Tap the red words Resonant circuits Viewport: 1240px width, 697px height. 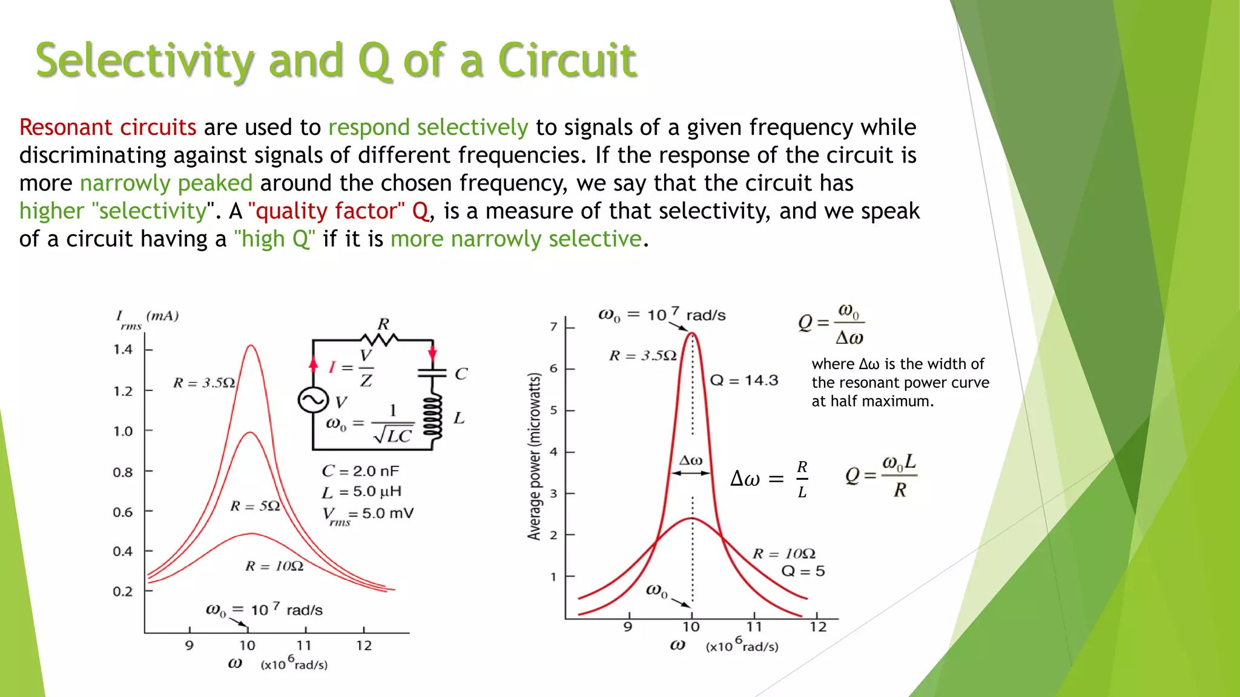click(x=108, y=128)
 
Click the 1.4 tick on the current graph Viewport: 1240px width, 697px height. click(x=123, y=350)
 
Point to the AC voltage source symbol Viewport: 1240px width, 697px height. click(x=312, y=400)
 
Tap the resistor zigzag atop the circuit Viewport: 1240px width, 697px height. click(x=379, y=339)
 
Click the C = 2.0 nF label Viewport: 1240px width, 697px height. click(x=360, y=471)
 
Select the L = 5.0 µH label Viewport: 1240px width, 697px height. click(x=361, y=492)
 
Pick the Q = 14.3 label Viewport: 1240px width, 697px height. click(x=744, y=380)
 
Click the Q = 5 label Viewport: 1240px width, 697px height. click(x=803, y=571)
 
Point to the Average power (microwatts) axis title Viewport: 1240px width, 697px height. click(x=533, y=456)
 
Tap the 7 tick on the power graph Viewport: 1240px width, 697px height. click(x=553, y=327)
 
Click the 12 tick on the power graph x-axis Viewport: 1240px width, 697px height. click(x=818, y=627)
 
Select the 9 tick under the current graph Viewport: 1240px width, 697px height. click(x=190, y=646)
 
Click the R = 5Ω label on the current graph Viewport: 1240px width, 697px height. click(x=255, y=506)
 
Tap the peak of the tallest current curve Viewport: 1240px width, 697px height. click(x=251, y=345)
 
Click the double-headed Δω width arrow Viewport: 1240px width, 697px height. click(x=691, y=473)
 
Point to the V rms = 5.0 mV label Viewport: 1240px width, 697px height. click(x=368, y=515)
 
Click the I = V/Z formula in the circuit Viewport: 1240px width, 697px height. click(x=351, y=367)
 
